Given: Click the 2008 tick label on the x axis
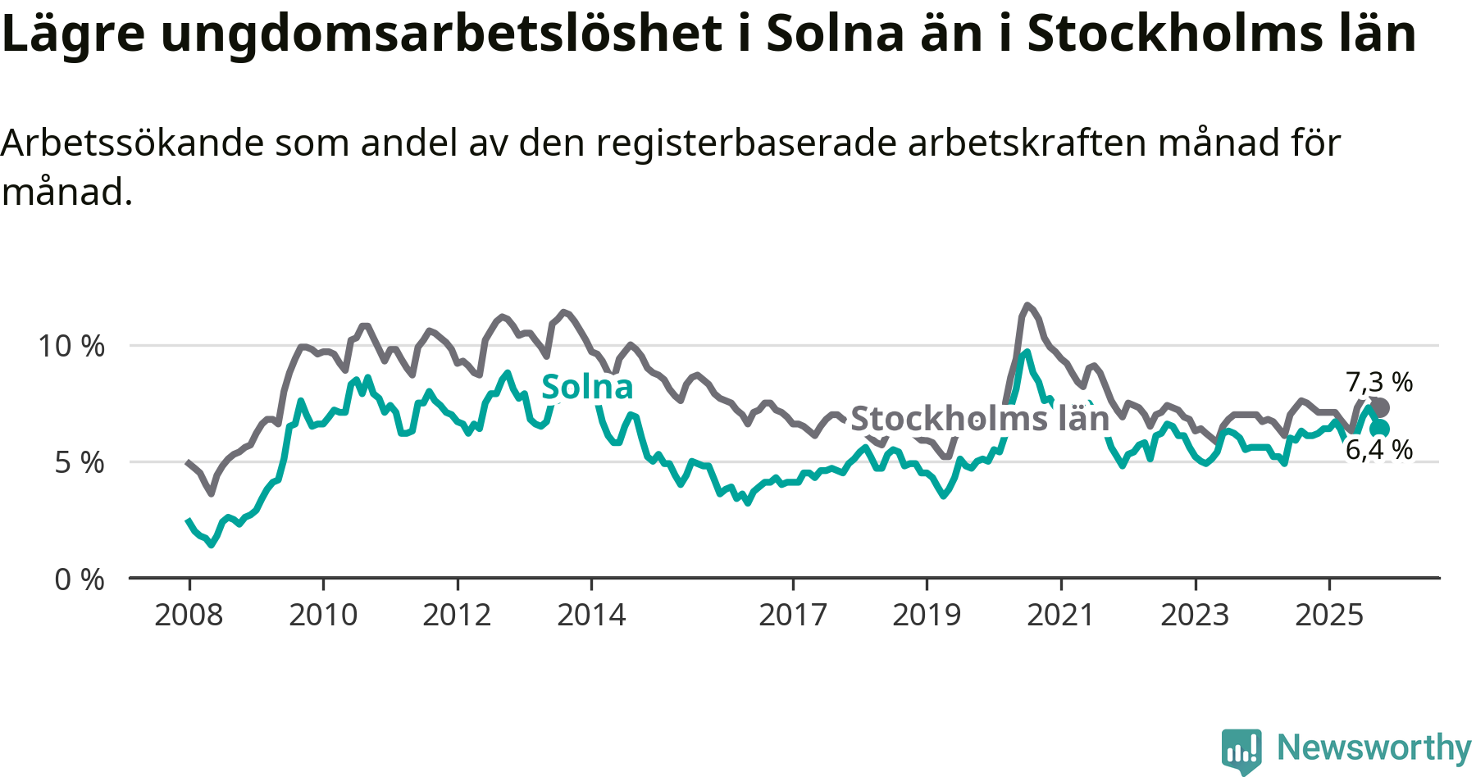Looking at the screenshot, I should coord(189,615).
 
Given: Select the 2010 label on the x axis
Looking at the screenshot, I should coord(323,615).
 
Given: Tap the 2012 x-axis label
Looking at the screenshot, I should coord(457,615).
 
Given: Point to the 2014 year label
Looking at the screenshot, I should coord(591,615).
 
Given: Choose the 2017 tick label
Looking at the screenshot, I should coord(793,615).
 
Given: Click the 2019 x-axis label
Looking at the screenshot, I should coord(927,615).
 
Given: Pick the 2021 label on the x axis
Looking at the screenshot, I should coord(1061,615).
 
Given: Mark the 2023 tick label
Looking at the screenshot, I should coord(1195,615).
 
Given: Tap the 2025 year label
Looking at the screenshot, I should coord(1329,615).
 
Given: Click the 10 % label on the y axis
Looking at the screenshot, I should coord(71,346).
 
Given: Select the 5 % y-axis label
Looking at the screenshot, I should coord(80,463).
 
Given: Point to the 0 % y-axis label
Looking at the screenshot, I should coord(80,579).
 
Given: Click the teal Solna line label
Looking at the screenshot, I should coord(587,387).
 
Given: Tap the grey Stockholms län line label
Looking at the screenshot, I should coord(980,419).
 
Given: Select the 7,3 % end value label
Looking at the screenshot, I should coord(1379,382).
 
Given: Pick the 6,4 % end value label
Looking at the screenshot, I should coord(1379,449).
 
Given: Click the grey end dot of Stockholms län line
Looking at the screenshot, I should coord(1380,407).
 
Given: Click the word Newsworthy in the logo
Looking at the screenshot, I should coord(1374,747).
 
